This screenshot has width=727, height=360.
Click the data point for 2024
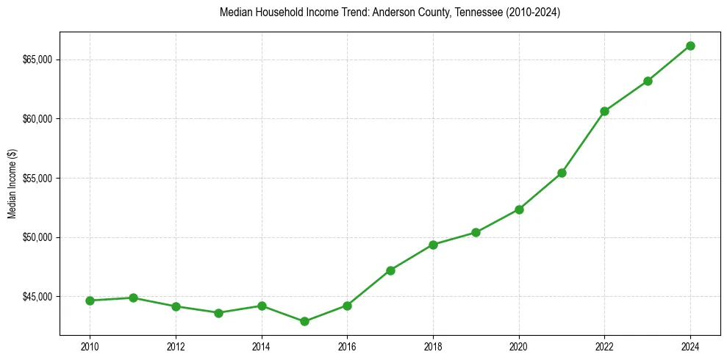[690, 46]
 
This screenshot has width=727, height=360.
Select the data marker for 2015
[304, 321]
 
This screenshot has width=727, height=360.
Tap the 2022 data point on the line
[604, 111]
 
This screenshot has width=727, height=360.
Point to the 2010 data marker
[90, 300]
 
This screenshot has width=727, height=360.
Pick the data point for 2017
[390, 270]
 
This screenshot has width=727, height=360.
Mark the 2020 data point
[519, 209]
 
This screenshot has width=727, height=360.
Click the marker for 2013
[218, 313]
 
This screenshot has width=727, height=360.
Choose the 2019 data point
[476, 232]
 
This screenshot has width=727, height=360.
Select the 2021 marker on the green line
[562, 173]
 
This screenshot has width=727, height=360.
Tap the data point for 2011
[133, 298]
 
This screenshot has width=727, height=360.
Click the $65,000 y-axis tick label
[37, 60]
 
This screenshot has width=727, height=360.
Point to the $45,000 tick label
[37, 297]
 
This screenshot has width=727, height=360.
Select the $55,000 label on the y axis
[37, 179]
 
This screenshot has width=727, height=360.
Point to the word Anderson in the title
[349, 13]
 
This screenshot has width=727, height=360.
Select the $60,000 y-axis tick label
[37, 119]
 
